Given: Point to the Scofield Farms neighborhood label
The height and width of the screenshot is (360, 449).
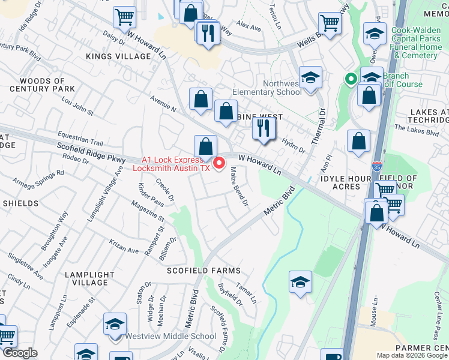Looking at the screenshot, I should pos(204,271).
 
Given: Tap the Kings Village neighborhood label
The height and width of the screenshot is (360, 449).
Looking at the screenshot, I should pos(118,56).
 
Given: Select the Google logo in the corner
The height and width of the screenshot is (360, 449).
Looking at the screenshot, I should pos(19,353).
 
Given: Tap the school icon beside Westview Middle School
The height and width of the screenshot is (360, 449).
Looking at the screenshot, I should pos(114,325).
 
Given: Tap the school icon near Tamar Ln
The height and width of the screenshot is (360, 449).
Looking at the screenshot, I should pos(300,282).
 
